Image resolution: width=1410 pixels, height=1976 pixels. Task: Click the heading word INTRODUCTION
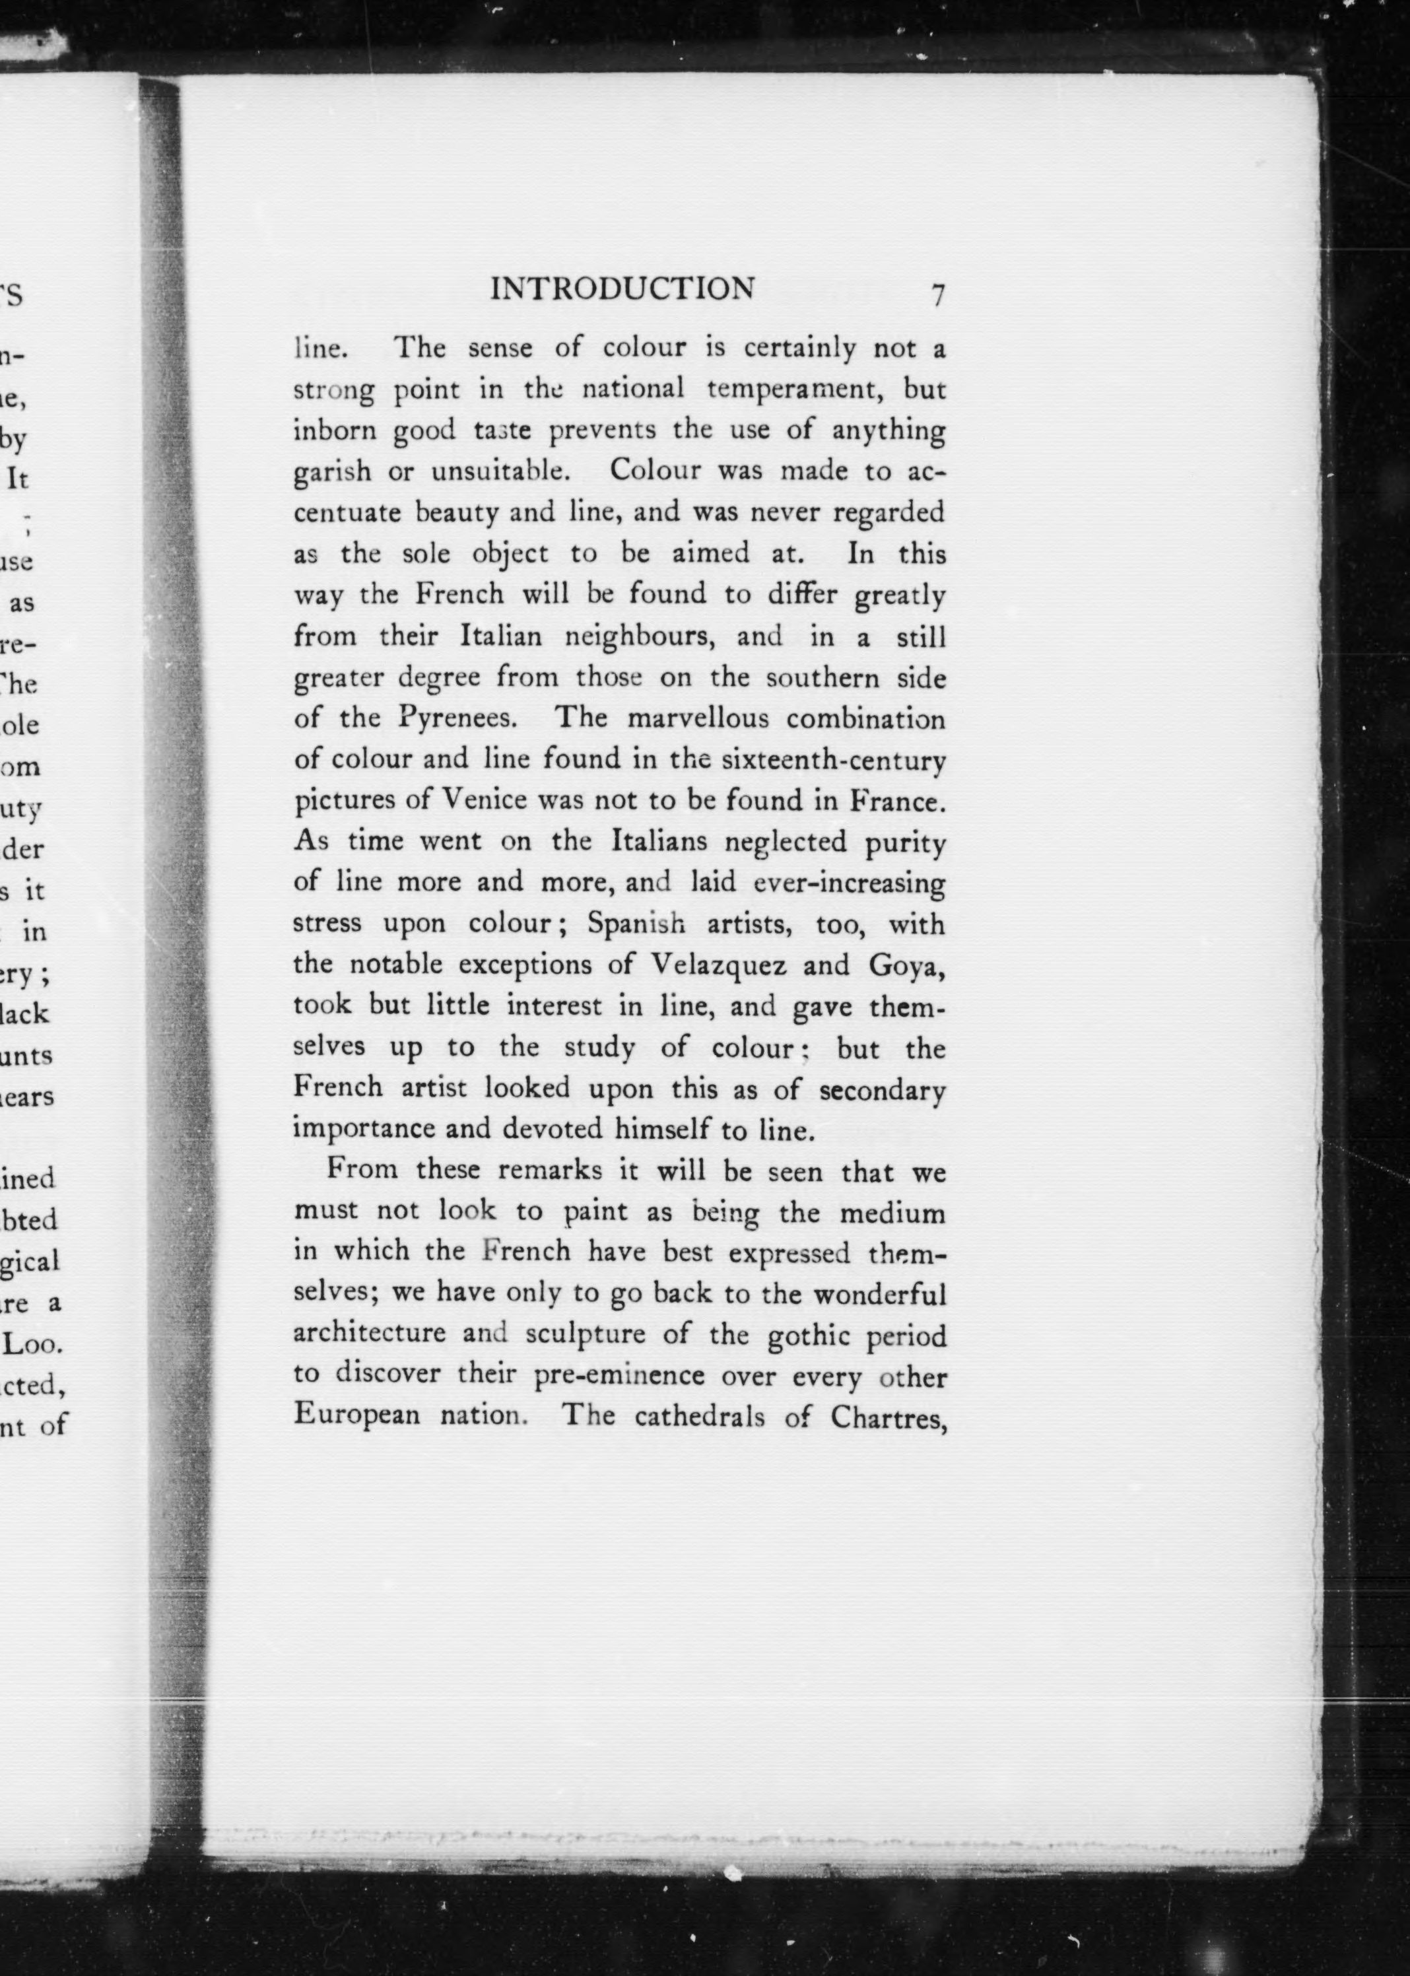tap(622, 289)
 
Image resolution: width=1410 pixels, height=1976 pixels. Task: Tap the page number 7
tap(937, 295)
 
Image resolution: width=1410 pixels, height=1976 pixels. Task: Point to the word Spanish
tap(636, 924)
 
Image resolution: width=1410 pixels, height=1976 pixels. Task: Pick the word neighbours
tap(640, 637)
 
